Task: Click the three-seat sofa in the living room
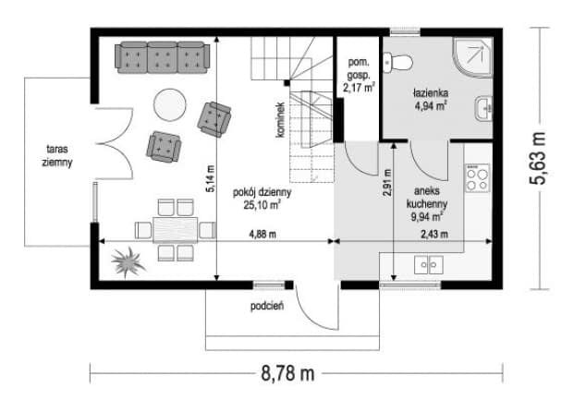pos(162,57)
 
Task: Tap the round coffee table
pos(170,104)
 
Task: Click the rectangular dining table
pos(176,230)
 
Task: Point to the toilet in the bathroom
pos(397,63)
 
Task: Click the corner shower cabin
pos(472,57)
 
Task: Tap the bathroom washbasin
pos(484,109)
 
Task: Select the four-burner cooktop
pos(477,178)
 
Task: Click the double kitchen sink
pos(429,264)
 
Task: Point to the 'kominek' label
pos(281,120)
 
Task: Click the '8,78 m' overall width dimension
pos(287,373)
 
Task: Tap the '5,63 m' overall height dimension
pos(537,158)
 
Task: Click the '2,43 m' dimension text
pos(434,235)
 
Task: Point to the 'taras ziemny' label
pos(57,156)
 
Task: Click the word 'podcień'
pos(267,307)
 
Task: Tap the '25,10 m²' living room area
pos(262,205)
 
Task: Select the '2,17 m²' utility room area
pos(359,88)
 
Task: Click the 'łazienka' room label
pos(431,92)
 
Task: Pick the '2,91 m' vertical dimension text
pos(387,183)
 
